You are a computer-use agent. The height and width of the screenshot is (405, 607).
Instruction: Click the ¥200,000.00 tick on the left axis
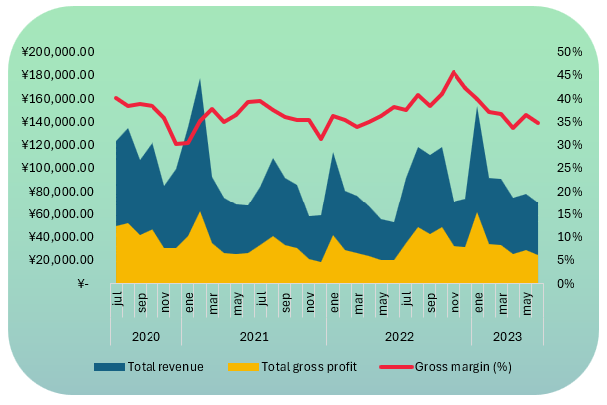point(58,52)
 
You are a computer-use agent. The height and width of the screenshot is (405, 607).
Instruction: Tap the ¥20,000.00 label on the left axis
point(61,260)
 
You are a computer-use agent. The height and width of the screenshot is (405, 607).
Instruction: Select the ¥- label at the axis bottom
point(85,284)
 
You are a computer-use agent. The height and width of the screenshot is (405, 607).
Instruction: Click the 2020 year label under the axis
point(146,337)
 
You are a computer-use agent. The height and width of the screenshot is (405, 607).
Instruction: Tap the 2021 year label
point(255,337)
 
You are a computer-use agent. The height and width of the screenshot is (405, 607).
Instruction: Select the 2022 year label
point(400,337)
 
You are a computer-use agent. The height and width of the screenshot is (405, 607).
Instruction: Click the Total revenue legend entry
point(165,367)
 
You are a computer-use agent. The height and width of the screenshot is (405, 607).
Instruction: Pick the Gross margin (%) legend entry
point(462,367)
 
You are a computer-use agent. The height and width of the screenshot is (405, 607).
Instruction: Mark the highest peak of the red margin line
point(454,72)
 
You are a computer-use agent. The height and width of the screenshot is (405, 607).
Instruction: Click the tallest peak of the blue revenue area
point(200,79)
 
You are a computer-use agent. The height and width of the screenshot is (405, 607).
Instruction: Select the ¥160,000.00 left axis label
point(58,99)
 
